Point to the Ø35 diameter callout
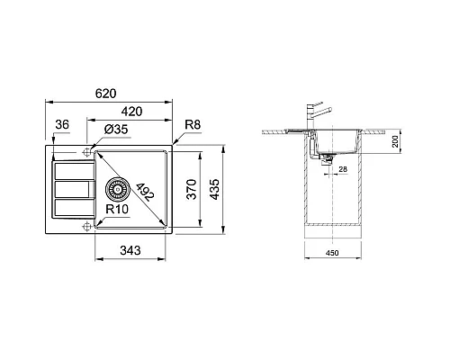click(x=115, y=131)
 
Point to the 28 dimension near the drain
click(x=343, y=167)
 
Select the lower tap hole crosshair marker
click(x=86, y=225)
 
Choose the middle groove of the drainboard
click(x=73, y=189)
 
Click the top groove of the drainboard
click(x=73, y=170)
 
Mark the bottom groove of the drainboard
click(x=73, y=207)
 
